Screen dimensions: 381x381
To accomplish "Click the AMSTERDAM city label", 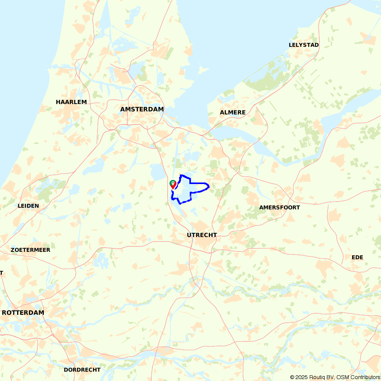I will pyautogui.click(x=142, y=109).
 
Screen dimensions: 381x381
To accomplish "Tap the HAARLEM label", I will pyautogui.click(x=71, y=102).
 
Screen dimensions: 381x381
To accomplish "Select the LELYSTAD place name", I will pyautogui.click(x=304, y=45).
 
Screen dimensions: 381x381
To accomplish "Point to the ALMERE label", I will pyautogui.click(x=233, y=112).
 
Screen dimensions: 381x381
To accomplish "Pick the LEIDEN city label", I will pyautogui.click(x=28, y=206).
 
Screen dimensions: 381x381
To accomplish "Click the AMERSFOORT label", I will pyautogui.click(x=280, y=208).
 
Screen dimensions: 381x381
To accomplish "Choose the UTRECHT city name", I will pyautogui.click(x=202, y=235).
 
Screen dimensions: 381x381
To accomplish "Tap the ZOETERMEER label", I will pyautogui.click(x=30, y=250).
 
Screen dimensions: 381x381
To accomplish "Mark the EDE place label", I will pyautogui.click(x=357, y=258).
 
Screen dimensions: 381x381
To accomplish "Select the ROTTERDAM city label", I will pyautogui.click(x=23, y=312).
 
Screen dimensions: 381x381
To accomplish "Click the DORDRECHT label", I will pyautogui.click(x=82, y=370).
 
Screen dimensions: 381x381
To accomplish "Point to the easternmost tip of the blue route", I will pyautogui.click(x=209, y=186).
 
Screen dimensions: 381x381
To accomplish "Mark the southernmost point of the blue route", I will pyautogui.click(x=180, y=203).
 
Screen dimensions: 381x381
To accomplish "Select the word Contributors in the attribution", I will pyautogui.click(x=365, y=377).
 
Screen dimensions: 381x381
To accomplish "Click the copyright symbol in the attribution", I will pyautogui.click(x=293, y=377).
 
